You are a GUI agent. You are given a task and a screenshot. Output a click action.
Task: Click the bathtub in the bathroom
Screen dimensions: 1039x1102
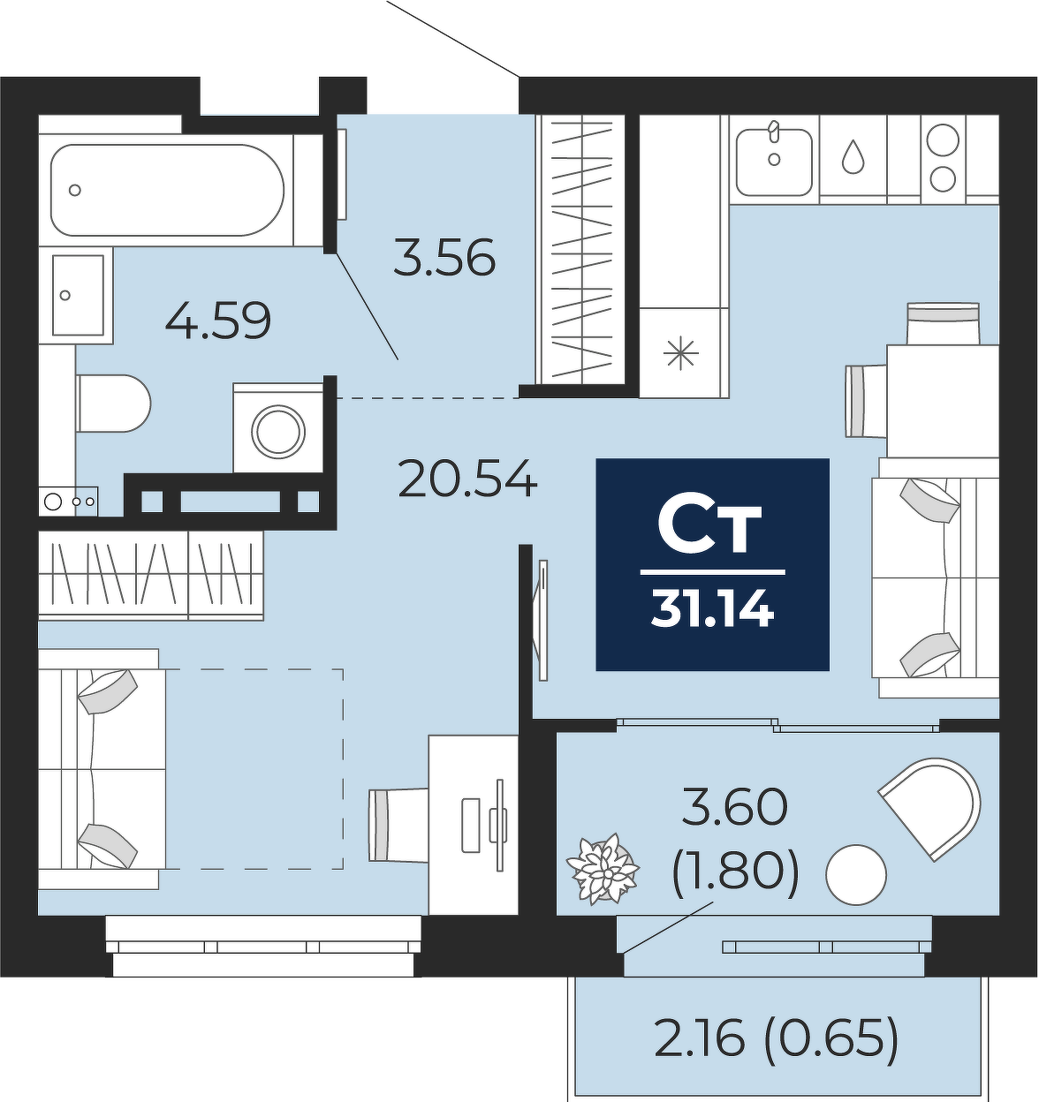[167, 191]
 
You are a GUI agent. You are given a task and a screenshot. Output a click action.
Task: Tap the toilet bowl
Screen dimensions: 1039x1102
[114, 404]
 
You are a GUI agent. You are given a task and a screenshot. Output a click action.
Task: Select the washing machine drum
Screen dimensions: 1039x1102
[278, 433]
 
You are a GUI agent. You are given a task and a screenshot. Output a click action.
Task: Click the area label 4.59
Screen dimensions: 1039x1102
[218, 321]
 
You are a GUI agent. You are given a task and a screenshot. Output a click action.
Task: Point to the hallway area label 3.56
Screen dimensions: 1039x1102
[444, 257]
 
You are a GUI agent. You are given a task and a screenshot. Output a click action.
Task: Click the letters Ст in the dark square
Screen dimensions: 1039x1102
[709, 528]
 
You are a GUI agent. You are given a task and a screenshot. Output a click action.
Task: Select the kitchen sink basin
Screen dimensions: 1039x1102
[775, 162]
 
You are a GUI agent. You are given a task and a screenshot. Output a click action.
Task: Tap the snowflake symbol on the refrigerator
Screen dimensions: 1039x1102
[681, 353]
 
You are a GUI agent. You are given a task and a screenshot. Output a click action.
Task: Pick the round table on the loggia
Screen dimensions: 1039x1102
[856, 875]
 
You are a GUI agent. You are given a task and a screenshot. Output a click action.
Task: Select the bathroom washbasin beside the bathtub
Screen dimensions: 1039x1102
[79, 295]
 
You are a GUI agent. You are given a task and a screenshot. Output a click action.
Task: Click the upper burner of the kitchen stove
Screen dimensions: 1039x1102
[944, 140]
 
